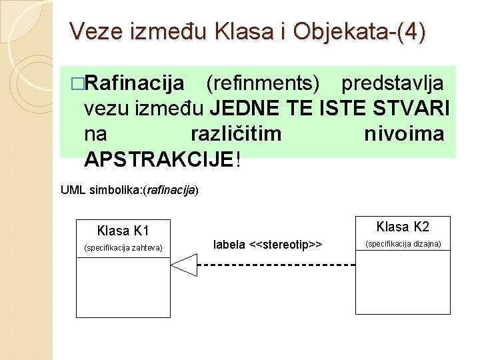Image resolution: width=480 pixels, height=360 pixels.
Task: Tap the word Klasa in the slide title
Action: click(244, 31)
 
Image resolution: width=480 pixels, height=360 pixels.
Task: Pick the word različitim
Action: click(235, 134)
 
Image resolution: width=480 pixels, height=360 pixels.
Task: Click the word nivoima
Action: click(404, 134)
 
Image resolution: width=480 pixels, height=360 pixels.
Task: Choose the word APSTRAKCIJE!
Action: click(161, 159)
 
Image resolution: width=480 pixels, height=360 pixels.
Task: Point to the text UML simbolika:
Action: click(101, 190)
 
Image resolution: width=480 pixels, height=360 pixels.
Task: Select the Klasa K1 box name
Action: click(123, 231)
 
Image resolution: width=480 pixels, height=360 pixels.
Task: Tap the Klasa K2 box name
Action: click(403, 227)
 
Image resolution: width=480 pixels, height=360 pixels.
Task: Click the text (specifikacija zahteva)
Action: click(123, 249)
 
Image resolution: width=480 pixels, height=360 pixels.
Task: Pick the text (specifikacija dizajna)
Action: click(403, 244)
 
